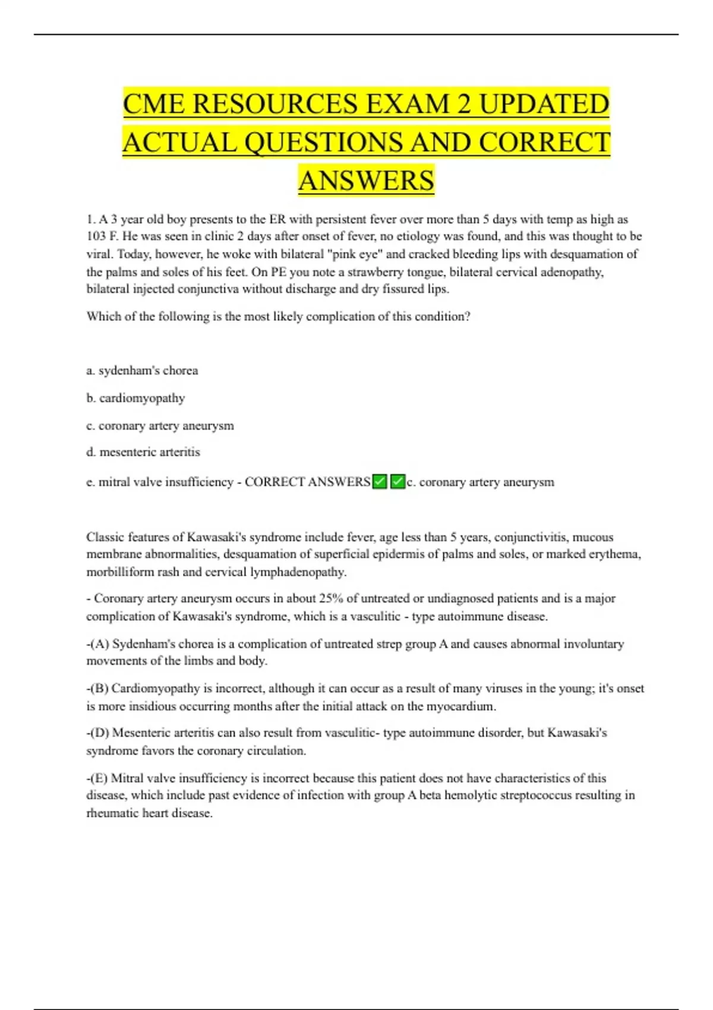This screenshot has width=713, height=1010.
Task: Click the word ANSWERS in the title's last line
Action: point(366,181)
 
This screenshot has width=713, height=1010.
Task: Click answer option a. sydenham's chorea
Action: point(142,371)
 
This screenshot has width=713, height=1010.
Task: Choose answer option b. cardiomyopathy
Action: point(135,398)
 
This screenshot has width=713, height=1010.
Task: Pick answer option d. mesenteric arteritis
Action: point(143,452)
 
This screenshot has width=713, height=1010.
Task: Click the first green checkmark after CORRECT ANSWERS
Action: point(380,482)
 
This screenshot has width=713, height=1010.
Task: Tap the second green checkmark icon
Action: point(398,482)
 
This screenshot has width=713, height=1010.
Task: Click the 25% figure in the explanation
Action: point(331,598)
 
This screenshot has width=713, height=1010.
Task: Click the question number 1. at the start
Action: point(91,219)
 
